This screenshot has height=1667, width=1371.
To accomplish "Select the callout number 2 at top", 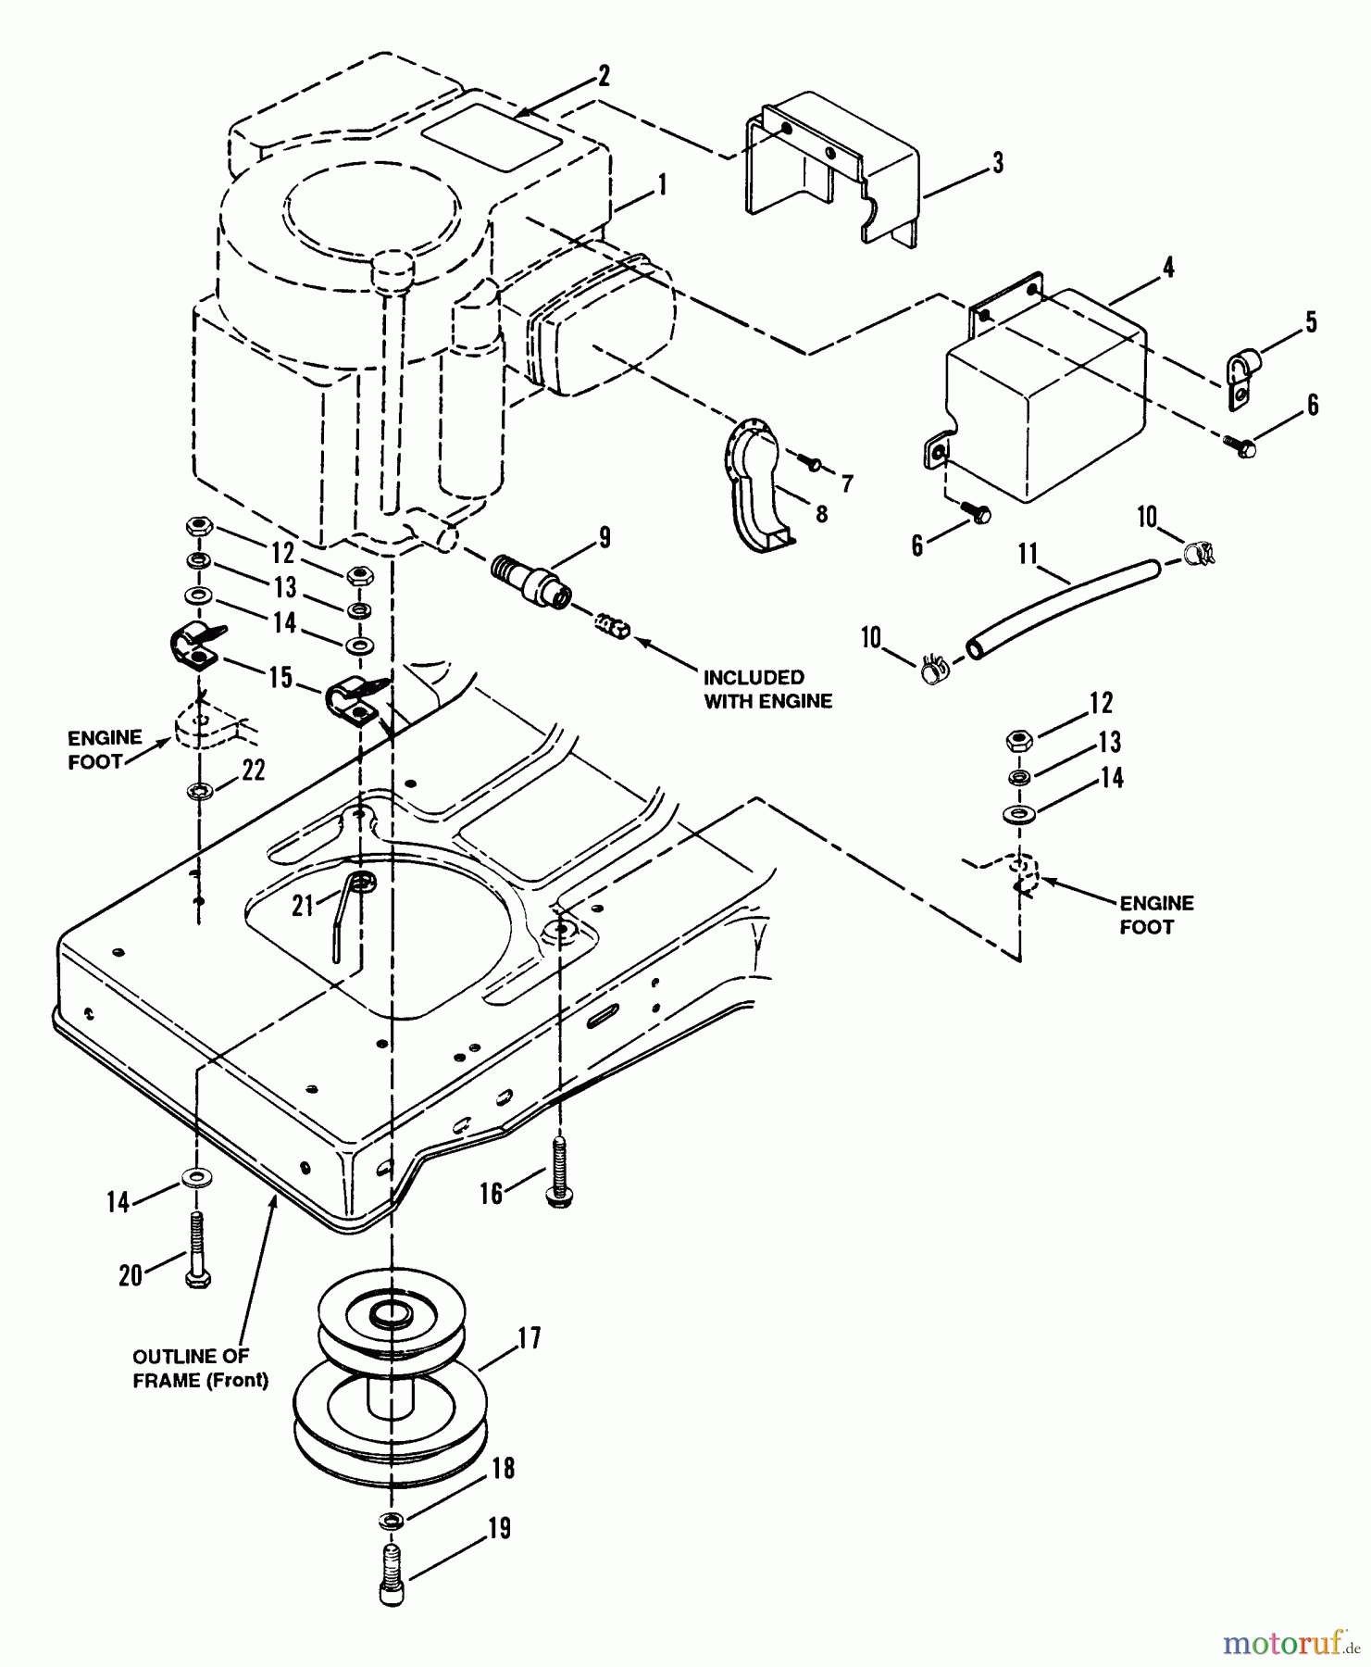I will [604, 76].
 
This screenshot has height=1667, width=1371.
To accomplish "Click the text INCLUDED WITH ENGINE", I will [767, 689].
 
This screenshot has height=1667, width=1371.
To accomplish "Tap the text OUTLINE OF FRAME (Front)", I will [200, 1368].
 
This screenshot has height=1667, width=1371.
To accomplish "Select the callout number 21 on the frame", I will [305, 906].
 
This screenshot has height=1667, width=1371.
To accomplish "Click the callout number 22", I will [254, 770].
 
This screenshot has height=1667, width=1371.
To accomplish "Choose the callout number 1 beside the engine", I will [662, 185].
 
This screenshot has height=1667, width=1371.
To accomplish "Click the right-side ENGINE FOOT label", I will [1156, 914].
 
